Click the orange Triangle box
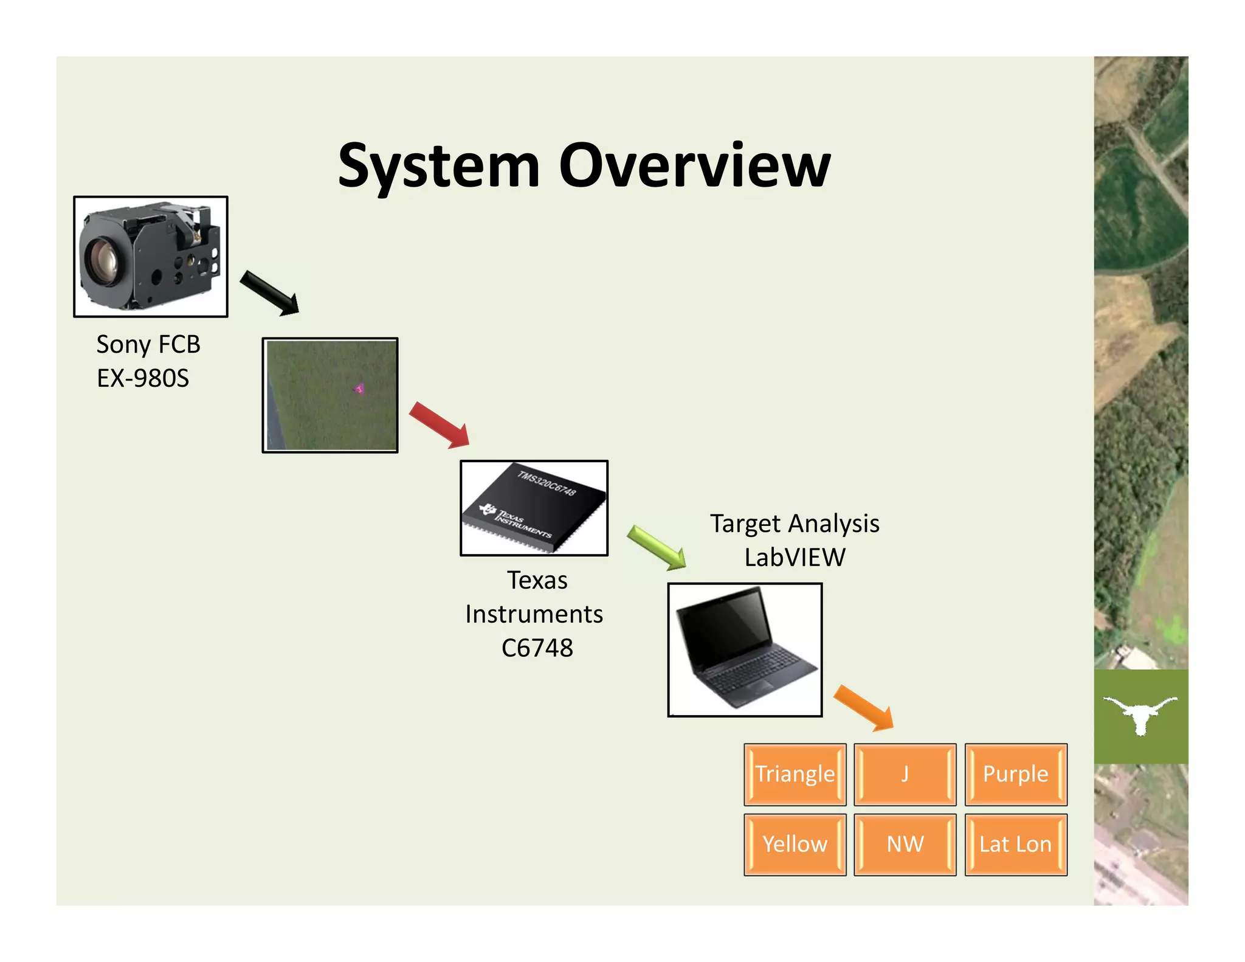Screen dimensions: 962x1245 tap(795, 774)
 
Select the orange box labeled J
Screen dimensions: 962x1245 tap(905, 774)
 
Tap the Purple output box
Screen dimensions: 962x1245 tap(1015, 774)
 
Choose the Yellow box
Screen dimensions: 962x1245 tap(795, 844)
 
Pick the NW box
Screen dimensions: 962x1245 tap(905, 844)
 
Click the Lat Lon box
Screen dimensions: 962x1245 tap(1015, 844)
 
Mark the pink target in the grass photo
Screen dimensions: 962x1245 tap(359, 388)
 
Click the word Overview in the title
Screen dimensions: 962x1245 tap(694, 165)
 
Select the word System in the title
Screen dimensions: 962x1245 tap(439, 165)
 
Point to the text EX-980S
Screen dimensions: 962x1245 tap(143, 378)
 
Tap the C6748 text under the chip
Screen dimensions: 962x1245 tap(537, 648)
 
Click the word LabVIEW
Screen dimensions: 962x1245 tap(795, 557)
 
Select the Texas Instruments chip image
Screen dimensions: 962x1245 tap(534, 508)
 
